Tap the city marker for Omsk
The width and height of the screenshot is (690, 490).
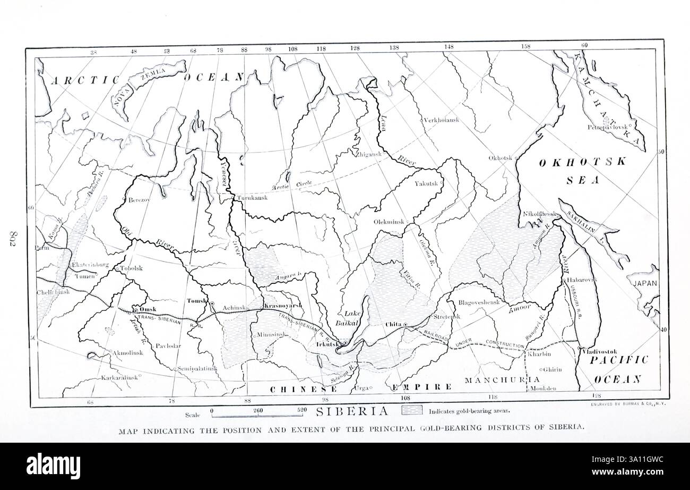click(x=136, y=310)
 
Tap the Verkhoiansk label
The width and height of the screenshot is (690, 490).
click(x=441, y=120)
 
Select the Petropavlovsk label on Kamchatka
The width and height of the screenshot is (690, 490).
click(x=607, y=127)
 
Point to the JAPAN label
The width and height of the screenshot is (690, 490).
click(x=645, y=283)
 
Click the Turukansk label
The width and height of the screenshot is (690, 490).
click(x=252, y=198)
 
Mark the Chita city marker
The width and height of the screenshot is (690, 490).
click(x=405, y=324)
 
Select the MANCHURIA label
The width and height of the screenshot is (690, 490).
click(x=502, y=380)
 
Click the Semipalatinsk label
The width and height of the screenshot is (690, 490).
click(x=196, y=368)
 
